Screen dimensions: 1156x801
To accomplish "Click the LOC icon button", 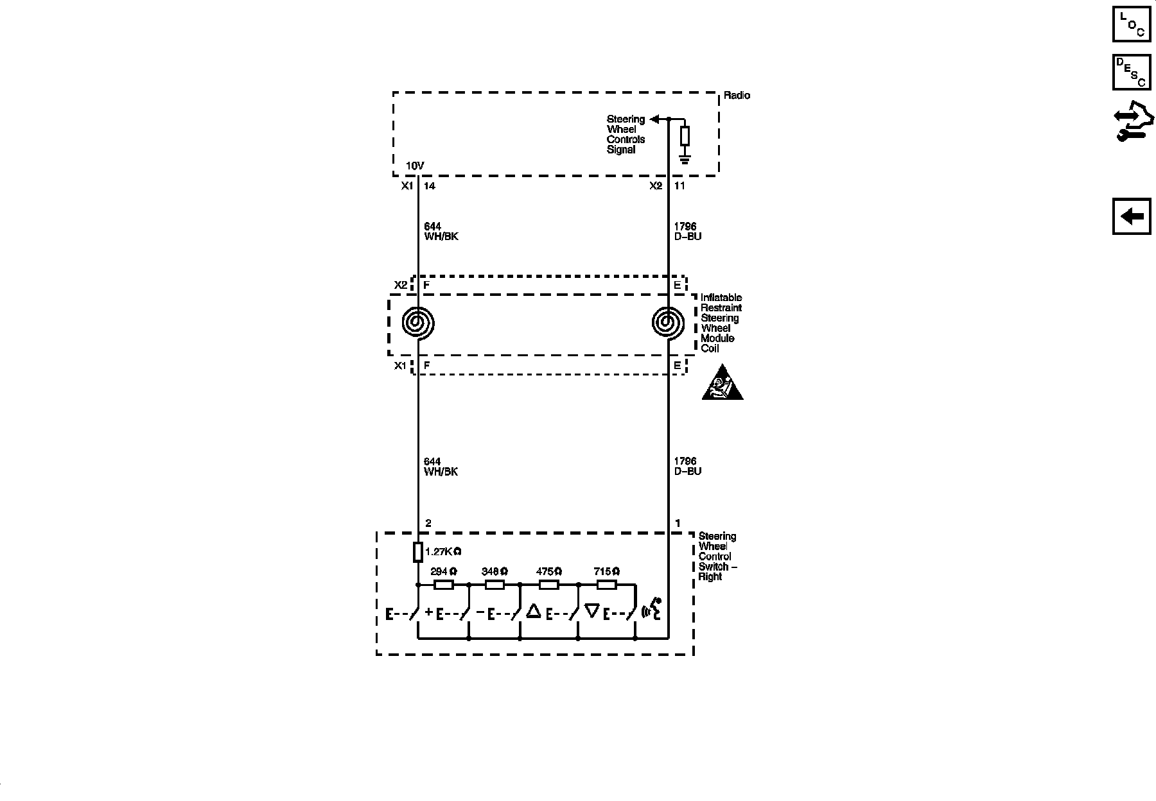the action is click(x=1131, y=24).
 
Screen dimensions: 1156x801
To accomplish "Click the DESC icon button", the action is click(x=1131, y=72).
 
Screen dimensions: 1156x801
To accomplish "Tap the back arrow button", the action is click(x=1131, y=216).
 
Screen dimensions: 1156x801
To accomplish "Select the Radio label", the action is click(x=737, y=96).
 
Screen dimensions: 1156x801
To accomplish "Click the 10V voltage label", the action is click(x=415, y=166).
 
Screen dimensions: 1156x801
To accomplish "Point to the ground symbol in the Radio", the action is click(x=685, y=158).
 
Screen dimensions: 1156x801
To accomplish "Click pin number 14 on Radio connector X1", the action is click(x=430, y=186).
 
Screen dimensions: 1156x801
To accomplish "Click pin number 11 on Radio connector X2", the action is click(x=679, y=186).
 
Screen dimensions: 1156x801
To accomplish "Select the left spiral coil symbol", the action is click(x=418, y=323).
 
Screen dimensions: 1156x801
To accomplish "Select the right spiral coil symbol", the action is click(x=668, y=323).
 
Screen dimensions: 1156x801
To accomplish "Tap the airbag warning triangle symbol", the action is click(x=722, y=384).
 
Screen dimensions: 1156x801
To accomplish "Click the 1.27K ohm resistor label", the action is click(x=443, y=551).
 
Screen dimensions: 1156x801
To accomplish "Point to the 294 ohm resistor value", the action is click(x=443, y=571).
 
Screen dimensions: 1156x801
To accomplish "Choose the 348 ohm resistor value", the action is click(x=495, y=571).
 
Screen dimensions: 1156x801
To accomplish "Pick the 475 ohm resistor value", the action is click(x=549, y=571).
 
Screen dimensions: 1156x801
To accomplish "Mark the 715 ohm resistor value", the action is click(x=607, y=571).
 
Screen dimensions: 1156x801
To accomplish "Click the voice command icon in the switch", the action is click(x=652, y=610).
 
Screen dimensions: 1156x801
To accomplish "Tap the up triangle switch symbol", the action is click(x=534, y=610).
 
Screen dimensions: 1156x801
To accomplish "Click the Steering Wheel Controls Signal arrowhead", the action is click(x=654, y=119).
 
